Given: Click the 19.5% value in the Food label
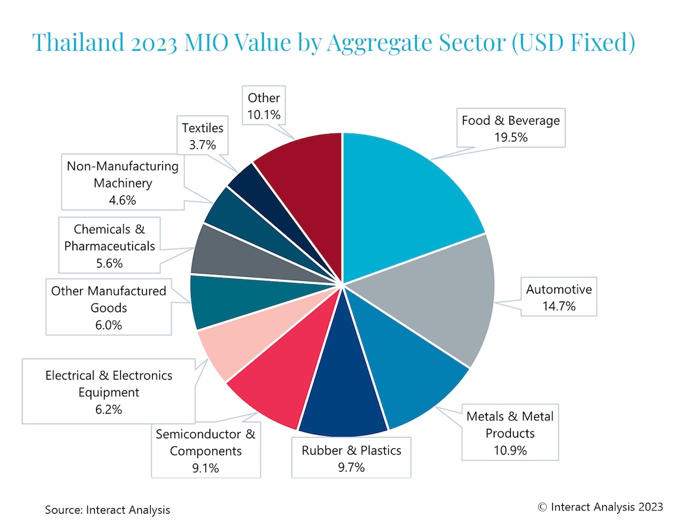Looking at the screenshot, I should click(510, 137).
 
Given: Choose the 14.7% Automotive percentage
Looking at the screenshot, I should click(558, 306).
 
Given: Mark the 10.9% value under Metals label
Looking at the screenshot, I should click(510, 450).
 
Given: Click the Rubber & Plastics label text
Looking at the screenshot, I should click(352, 450).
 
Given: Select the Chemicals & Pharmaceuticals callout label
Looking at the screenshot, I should click(109, 245).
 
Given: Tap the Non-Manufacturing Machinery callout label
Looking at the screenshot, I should click(123, 183).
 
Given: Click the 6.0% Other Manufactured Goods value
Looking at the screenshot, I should click(108, 325).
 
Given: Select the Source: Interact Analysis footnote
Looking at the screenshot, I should click(107, 510).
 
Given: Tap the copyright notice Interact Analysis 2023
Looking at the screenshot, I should click(600, 507).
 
